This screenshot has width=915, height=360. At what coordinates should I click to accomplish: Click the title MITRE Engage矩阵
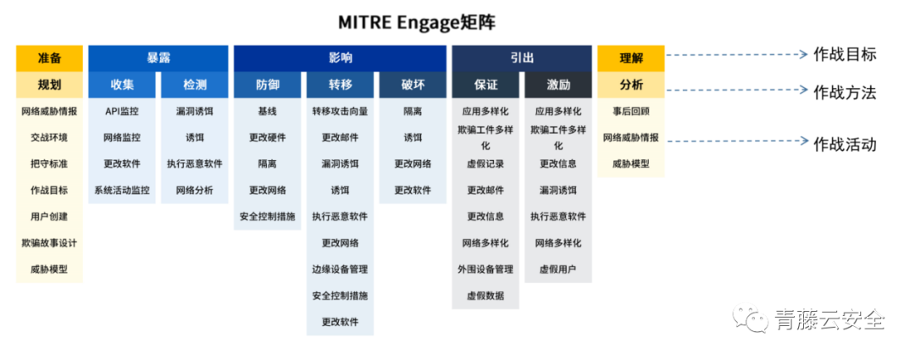[x=417, y=22]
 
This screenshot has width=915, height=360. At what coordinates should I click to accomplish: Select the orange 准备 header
[x=49, y=58]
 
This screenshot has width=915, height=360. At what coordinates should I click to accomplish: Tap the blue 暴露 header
[x=158, y=58]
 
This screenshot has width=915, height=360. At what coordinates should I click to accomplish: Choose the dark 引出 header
[x=522, y=58]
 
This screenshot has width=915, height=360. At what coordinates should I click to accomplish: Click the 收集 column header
[x=122, y=86]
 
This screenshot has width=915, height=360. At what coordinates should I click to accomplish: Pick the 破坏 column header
[x=413, y=86]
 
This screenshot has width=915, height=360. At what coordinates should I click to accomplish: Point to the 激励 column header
[x=558, y=86]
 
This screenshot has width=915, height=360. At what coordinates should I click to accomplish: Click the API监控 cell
[x=122, y=111]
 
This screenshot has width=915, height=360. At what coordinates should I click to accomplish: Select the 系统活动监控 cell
[x=122, y=191]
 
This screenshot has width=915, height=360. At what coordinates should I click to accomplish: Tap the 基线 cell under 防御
[x=267, y=111]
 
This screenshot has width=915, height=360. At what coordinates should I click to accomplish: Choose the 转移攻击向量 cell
[x=341, y=111]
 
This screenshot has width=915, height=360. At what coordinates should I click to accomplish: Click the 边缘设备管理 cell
[x=341, y=269]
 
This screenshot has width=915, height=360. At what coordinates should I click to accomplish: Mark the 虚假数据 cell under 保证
[x=485, y=296]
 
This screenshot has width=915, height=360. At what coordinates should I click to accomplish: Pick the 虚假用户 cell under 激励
[x=558, y=269]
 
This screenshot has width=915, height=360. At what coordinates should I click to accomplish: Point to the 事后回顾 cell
[x=631, y=111]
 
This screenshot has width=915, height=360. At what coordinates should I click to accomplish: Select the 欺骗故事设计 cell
[x=49, y=243]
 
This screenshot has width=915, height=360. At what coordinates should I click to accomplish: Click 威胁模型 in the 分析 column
[x=631, y=164]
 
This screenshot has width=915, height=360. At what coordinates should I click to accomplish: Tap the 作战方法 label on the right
[x=845, y=91]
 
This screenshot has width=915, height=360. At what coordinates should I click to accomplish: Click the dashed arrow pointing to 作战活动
[x=737, y=141]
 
